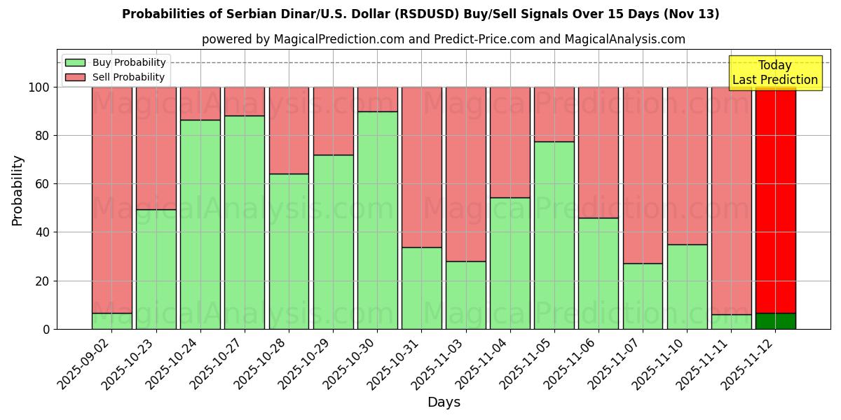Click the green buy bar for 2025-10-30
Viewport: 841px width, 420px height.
tap(377, 220)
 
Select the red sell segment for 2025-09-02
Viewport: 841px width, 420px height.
tap(112, 199)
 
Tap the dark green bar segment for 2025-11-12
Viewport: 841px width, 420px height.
tap(775, 321)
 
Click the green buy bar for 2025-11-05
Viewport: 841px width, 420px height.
tap(554, 235)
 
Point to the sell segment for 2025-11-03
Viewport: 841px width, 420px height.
tap(466, 174)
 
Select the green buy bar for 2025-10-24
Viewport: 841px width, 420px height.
tap(200, 224)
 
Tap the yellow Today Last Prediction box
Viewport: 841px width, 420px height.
tap(775, 73)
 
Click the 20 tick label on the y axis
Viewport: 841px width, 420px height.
tap(43, 281)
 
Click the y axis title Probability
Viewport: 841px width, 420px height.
tap(18, 190)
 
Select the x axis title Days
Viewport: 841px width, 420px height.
tap(444, 402)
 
